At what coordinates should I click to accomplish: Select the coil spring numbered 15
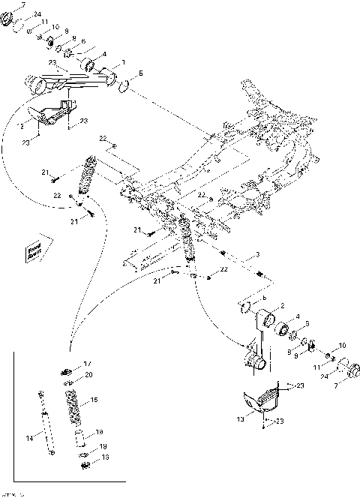pyautogui.click(x=73, y=405)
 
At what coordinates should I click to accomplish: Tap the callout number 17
pyautogui.click(x=88, y=363)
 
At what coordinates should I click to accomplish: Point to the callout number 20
pyautogui.click(x=88, y=374)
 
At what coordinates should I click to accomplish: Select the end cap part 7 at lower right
pyautogui.click(x=346, y=371)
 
